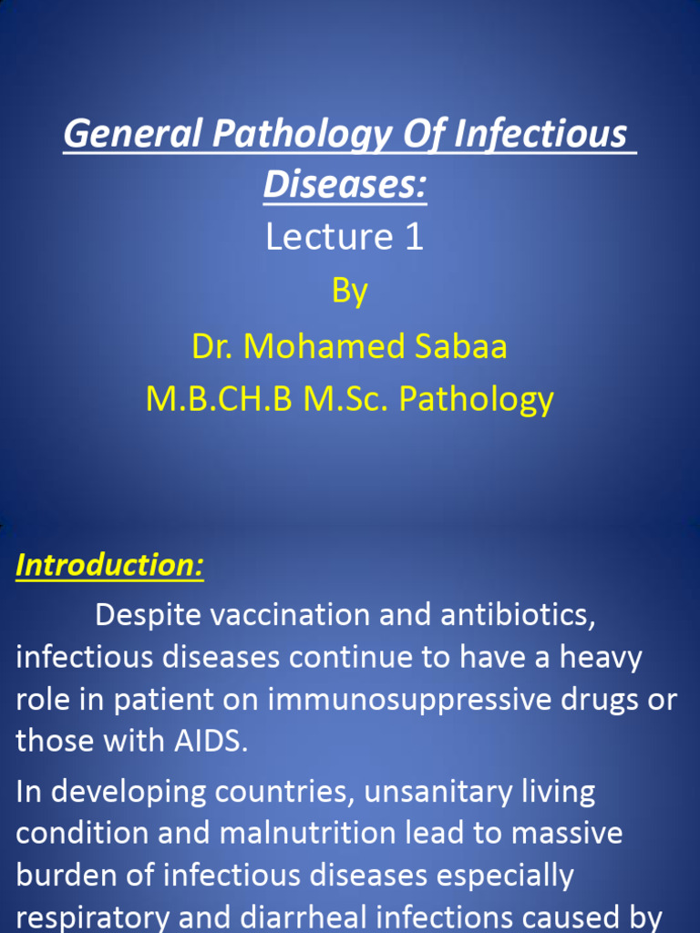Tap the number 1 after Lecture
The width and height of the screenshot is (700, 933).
click(x=413, y=237)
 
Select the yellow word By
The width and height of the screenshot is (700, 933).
click(x=350, y=292)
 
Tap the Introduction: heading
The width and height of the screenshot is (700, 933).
click(x=109, y=565)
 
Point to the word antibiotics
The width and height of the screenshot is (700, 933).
click(x=518, y=615)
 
